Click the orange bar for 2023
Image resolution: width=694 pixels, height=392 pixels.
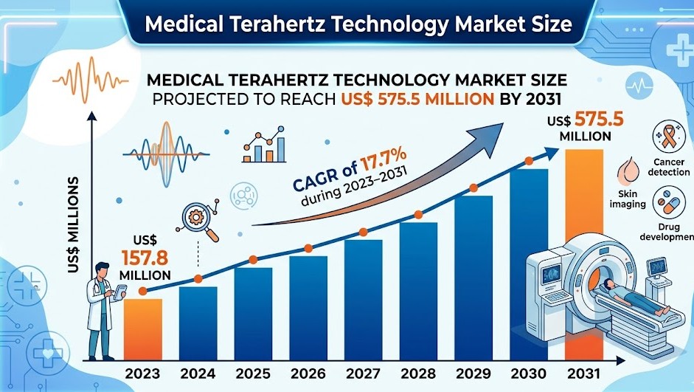142,329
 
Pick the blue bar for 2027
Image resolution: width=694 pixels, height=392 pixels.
363,299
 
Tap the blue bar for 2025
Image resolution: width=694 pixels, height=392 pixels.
253,313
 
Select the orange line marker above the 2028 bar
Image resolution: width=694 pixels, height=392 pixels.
418,215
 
